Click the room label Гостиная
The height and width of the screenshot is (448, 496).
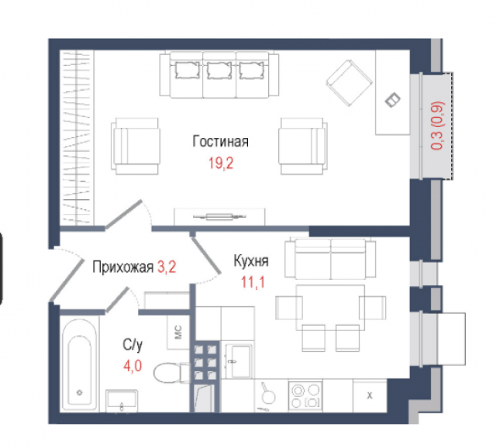[x=220, y=141]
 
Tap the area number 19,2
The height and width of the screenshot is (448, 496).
[x=220, y=164]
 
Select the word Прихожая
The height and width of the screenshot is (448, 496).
[x=122, y=268]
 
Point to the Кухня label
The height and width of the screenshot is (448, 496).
[x=250, y=262]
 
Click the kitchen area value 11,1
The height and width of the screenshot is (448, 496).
[x=252, y=283]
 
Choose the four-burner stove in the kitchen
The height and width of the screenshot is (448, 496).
[x=306, y=396]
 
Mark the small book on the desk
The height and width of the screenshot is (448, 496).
[x=394, y=100]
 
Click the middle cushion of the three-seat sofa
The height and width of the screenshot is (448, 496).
[x=219, y=71]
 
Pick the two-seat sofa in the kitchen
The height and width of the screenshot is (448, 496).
[x=330, y=257]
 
